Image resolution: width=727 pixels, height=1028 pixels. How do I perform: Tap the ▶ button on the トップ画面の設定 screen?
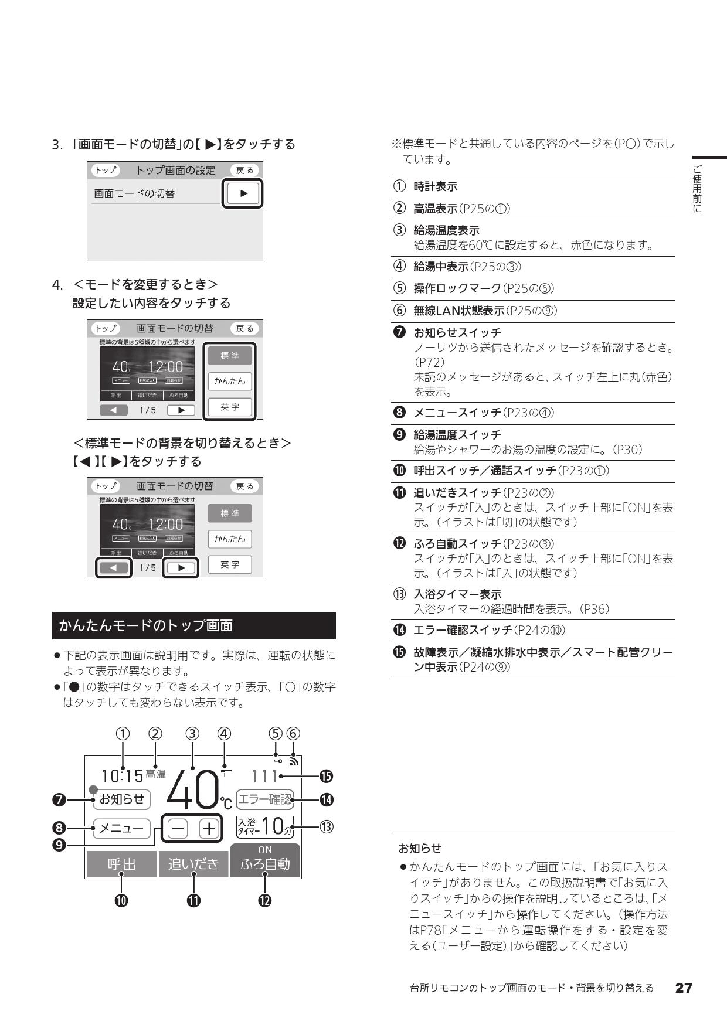click(x=242, y=193)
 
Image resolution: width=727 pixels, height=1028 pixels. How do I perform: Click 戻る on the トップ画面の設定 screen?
click(x=244, y=171)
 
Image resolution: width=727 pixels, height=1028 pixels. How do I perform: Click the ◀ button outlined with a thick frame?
click(x=114, y=567)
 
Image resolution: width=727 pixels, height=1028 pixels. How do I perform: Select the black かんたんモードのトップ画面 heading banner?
click(x=193, y=625)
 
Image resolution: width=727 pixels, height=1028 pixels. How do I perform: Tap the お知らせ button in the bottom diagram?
click(x=122, y=799)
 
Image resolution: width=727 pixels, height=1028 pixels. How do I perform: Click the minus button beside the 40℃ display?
click(x=178, y=829)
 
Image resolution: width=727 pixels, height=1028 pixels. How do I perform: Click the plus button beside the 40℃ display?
click(x=209, y=829)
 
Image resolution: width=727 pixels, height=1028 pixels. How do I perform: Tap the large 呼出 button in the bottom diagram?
click(x=121, y=864)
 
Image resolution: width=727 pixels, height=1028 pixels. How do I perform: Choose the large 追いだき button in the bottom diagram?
click(x=193, y=864)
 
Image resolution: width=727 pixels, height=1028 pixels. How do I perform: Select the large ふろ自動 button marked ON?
click(x=265, y=861)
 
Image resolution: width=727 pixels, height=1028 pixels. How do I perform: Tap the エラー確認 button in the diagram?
click(x=264, y=799)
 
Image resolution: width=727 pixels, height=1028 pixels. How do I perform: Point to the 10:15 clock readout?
click(x=122, y=777)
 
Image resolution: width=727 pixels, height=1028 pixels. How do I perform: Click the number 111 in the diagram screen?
click(x=264, y=777)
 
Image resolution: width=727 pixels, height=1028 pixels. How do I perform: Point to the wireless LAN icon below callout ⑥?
click(x=294, y=762)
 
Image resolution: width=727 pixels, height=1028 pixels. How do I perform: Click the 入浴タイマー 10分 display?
click(x=264, y=826)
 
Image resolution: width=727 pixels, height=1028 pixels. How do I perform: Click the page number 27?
click(x=684, y=988)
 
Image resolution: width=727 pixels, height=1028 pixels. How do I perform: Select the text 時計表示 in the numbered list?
click(x=436, y=187)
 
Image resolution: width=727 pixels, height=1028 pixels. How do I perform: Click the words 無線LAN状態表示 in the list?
click(x=459, y=311)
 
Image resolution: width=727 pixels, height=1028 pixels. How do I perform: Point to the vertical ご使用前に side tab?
click(x=697, y=188)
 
